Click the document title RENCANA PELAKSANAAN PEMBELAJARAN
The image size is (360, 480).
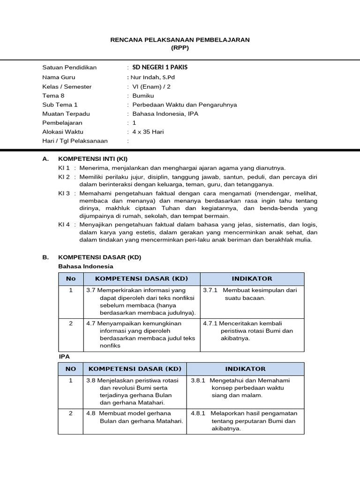point(180,40)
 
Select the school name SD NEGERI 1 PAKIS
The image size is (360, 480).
point(160,67)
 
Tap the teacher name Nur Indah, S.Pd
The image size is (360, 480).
point(153,77)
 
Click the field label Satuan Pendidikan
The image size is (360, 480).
point(69,67)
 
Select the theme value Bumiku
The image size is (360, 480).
point(143,96)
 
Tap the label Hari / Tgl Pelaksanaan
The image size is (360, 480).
point(75,141)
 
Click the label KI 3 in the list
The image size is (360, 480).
point(64,193)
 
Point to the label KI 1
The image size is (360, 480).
point(64,168)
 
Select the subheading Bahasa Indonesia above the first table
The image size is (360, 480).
point(85,266)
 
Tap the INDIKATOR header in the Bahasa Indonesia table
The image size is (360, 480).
point(252,279)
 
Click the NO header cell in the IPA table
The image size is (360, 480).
point(71,369)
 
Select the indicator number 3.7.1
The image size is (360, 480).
point(210,291)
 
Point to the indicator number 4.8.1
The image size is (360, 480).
point(199,413)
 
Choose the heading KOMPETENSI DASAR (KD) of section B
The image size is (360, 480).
point(99,257)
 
